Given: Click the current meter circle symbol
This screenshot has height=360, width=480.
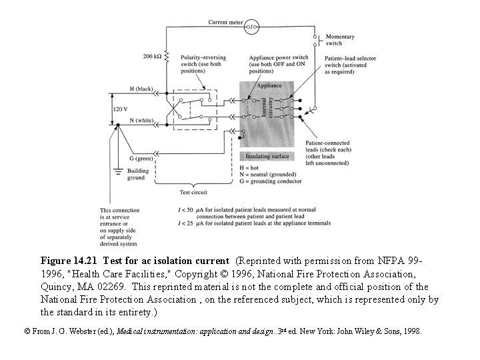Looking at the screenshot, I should click(x=253, y=27).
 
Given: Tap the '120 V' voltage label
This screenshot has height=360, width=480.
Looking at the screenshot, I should click(x=121, y=108).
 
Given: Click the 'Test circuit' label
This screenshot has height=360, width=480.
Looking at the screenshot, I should click(x=194, y=192).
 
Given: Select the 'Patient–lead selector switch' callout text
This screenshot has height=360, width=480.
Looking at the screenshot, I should click(x=350, y=65).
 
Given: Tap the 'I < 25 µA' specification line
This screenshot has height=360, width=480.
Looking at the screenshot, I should click(x=253, y=223).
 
